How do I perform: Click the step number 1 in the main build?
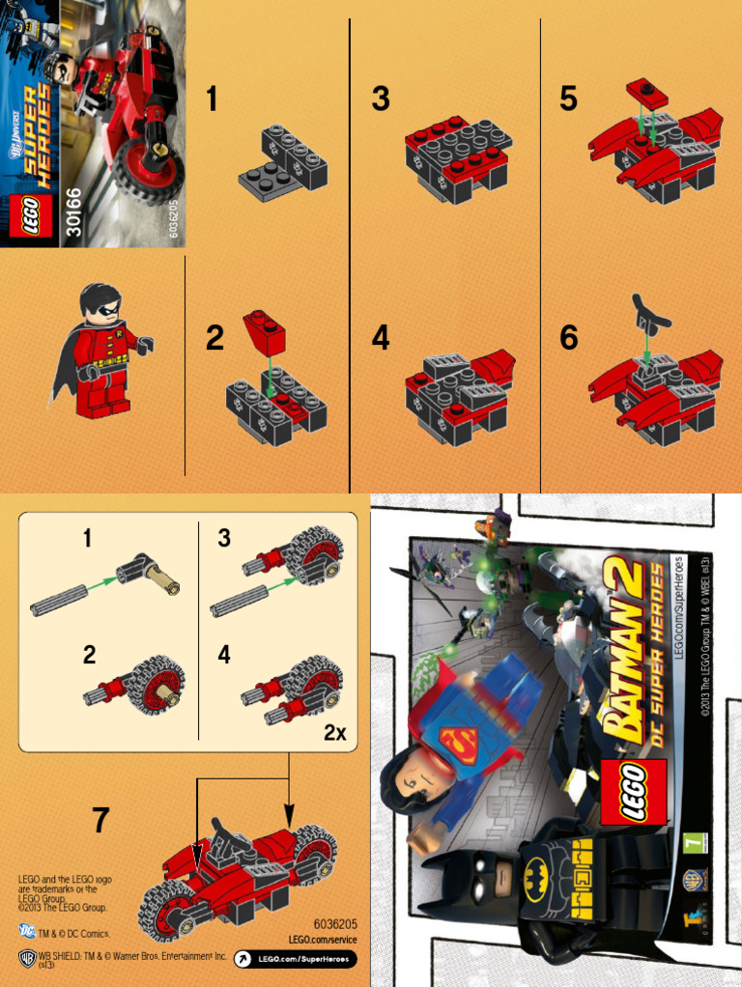coord(212,99)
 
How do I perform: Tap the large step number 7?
coord(100,820)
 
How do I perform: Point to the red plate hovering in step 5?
coord(649,92)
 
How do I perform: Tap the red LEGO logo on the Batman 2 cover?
coord(634,787)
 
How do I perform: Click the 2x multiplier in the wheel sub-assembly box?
coord(334,733)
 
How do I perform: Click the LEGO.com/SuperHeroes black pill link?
coord(295,959)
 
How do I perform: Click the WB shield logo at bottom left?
coord(27,957)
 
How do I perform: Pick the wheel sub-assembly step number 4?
coord(224,655)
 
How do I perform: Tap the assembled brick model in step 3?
coord(457,154)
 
